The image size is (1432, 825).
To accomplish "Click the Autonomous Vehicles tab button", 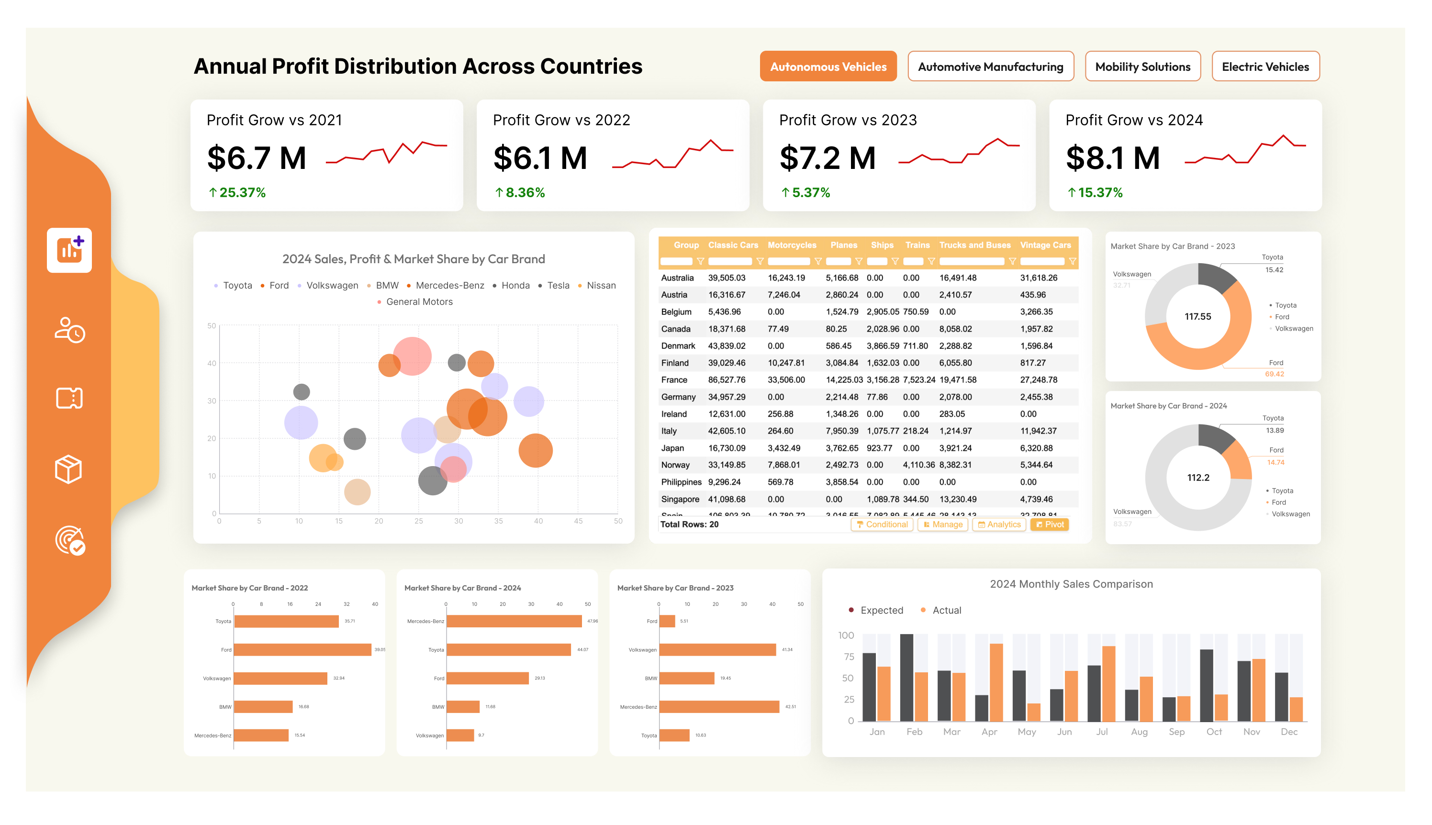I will pos(828,67).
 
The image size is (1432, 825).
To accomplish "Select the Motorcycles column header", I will pos(791,245).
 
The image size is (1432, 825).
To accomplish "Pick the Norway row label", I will pos(675,465).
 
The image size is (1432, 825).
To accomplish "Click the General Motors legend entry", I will pos(419,302).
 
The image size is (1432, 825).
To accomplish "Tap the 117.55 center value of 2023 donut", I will pos(1197,317).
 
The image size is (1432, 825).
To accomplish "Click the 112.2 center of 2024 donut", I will pos(1197,478).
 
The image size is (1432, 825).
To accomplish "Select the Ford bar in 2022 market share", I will pos(302,650).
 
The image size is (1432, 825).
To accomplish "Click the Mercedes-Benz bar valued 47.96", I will pos(514,622).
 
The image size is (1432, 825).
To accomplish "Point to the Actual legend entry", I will pos(946,610).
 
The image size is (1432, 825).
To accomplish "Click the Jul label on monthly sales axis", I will pos(1101,732).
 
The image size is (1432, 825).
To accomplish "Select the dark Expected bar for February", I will pos(906,677).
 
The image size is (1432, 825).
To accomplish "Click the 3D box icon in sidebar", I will pos(69,469).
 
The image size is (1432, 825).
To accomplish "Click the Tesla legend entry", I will pos(557,286).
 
